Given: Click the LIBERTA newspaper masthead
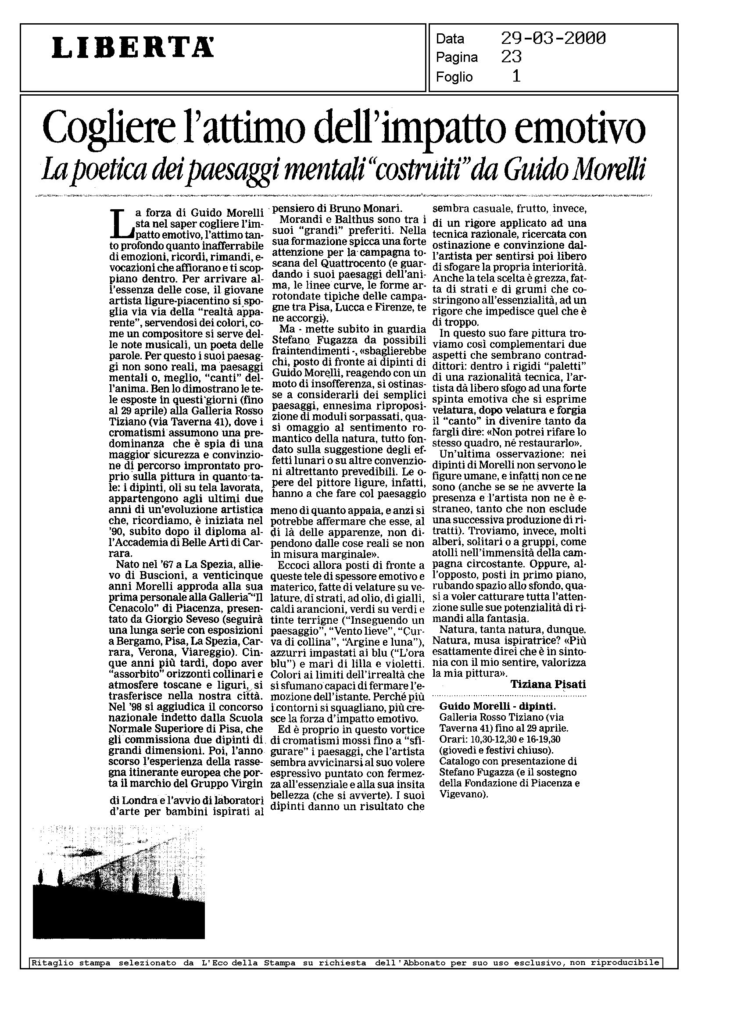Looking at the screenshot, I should (x=132, y=48).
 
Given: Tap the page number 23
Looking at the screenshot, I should (x=511, y=57).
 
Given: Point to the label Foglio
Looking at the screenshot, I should (x=454, y=77).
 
